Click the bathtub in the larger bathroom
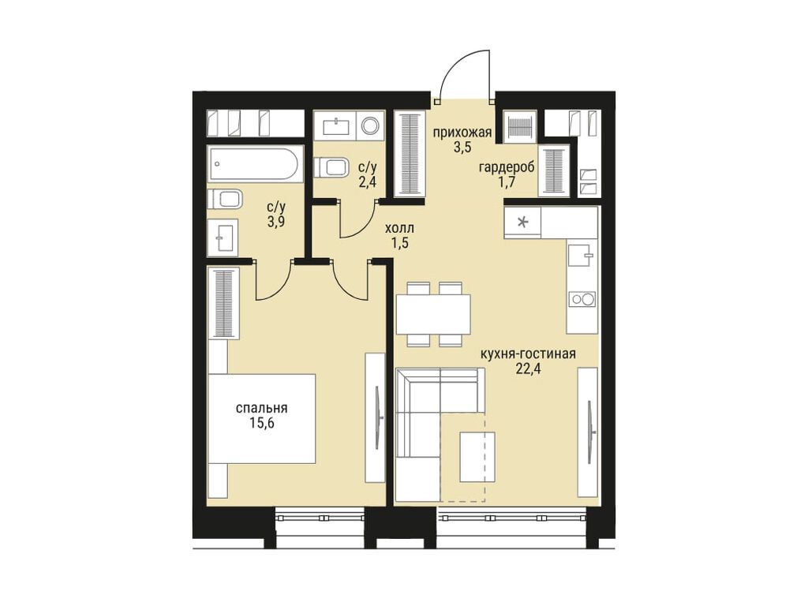253,163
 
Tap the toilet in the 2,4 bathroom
330,167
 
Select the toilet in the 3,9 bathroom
225,199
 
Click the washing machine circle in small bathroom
370,125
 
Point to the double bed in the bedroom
261,418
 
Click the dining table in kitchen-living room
433,314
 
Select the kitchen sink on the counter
582,255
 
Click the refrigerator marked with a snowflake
522,222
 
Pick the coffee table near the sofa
477,457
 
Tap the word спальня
261,409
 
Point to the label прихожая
462,133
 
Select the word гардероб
507,167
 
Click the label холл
400,228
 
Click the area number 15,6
261,423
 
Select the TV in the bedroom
380,417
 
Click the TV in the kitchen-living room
592,431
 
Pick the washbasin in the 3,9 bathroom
223,238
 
